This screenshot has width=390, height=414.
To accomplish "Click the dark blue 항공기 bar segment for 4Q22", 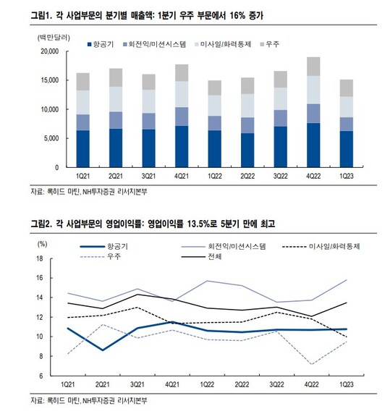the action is [x=313, y=145].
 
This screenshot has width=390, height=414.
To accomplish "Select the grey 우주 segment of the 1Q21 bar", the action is [x=83, y=82].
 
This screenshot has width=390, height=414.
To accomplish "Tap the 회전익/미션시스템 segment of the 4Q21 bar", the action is [x=182, y=117].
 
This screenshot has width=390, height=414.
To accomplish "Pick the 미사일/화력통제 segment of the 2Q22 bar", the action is [x=247, y=106].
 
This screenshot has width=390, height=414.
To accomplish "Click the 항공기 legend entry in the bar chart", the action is [x=101, y=44].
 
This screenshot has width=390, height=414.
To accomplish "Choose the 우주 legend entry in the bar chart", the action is [x=269, y=44].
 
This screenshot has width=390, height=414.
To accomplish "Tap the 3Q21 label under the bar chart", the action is [x=148, y=176].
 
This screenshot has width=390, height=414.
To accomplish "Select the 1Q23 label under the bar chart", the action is [x=346, y=176].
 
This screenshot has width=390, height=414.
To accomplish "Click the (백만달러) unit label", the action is [x=54, y=38].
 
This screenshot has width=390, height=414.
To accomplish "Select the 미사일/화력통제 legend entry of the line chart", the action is [x=321, y=247].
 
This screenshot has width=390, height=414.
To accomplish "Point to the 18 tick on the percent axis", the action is [x=40, y=258].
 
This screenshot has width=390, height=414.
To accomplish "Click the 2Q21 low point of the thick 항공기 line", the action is [x=102, y=350].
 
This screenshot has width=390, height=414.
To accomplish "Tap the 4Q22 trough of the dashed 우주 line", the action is [x=312, y=364].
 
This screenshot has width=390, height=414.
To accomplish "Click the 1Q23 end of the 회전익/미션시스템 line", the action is [x=347, y=279].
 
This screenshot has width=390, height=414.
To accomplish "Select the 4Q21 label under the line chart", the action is [x=172, y=384].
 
